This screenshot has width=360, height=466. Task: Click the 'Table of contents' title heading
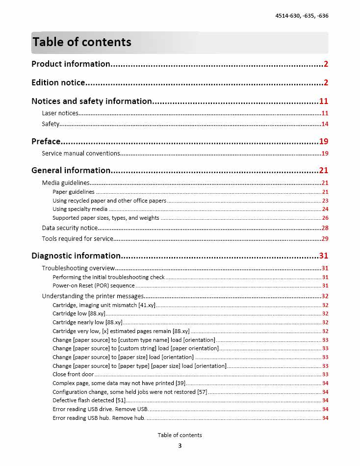click(82, 42)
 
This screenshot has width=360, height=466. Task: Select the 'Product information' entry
click(71, 64)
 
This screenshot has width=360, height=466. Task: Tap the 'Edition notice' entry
click(58, 82)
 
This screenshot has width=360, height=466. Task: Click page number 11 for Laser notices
click(325, 113)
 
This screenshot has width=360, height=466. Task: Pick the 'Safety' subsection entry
click(51, 124)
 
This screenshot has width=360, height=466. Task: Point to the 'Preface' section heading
click(46, 141)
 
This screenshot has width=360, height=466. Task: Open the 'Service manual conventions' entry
click(81, 153)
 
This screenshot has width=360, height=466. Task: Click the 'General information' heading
click(71, 170)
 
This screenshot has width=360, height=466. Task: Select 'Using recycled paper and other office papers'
click(109, 201)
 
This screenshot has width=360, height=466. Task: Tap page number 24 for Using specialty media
click(325, 209)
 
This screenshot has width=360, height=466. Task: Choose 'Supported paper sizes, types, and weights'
click(106, 218)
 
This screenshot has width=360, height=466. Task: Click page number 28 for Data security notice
click(325, 228)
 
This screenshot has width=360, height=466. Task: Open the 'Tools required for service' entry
click(77, 238)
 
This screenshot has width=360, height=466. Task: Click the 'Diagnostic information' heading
click(76, 256)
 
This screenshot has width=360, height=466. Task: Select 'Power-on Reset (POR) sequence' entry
click(94, 285)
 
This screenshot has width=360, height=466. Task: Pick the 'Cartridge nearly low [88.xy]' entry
click(87, 322)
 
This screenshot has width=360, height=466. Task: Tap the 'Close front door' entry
click(73, 374)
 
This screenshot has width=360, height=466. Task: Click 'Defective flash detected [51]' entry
click(89, 400)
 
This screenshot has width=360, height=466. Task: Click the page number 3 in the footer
click(180, 446)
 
